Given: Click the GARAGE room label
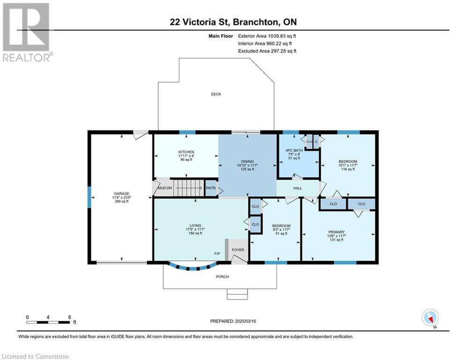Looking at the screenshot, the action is pyautogui.click(x=121, y=194).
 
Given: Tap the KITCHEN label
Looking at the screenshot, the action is pyautogui.click(x=186, y=152).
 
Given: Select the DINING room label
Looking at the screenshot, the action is pyautogui.click(x=247, y=162).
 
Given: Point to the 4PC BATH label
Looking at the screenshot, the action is pyautogui.click(x=294, y=150).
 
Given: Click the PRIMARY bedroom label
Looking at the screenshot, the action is pyautogui.click(x=336, y=232).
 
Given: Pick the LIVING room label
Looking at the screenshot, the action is pyautogui.click(x=195, y=225).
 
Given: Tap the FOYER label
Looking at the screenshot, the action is pyautogui.click(x=238, y=250).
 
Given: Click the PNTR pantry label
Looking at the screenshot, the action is pyautogui.click(x=211, y=188).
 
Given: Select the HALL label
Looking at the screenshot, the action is pyautogui.click(x=297, y=188).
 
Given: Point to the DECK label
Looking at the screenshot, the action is pyautogui.click(x=216, y=94).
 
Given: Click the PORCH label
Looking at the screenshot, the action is pyautogui.click(x=222, y=277).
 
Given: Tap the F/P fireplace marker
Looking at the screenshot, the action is pyautogui.click(x=217, y=254).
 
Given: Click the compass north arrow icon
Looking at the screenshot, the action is pyautogui.click(x=430, y=317).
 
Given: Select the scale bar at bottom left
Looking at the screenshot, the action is pyautogui.click(x=48, y=322).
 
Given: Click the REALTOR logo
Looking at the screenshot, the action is pyautogui.click(x=27, y=32).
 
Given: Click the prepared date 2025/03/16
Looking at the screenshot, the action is pyautogui.click(x=245, y=321).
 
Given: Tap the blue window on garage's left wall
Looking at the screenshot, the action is pyautogui.click(x=89, y=197).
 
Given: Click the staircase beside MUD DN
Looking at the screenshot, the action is pyautogui.click(x=189, y=188).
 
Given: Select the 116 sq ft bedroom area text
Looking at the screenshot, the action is pyautogui.click(x=348, y=169).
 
